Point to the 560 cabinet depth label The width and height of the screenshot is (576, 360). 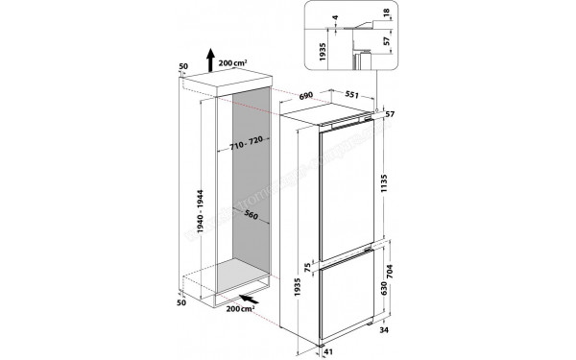(x=252, y=215)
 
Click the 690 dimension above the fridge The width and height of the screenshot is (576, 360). (x=307, y=97)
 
